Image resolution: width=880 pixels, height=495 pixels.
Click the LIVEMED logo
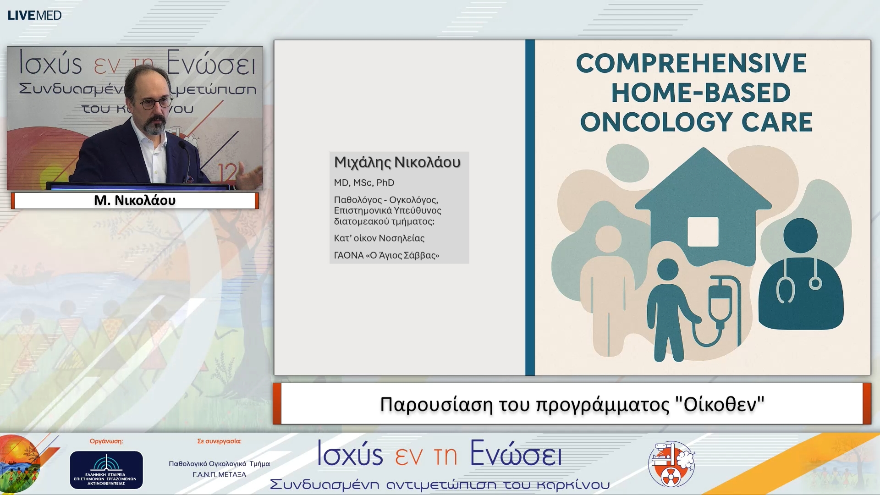pyautogui.click(x=34, y=15)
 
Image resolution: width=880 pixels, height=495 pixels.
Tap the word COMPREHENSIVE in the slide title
pyautogui.click(x=691, y=63)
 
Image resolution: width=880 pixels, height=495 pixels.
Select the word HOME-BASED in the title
pyautogui.click(x=700, y=93)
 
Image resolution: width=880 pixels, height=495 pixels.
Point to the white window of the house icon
pyautogui.click(x=703, y=231)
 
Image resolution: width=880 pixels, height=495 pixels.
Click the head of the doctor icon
pyautogui.click(x=800, y=235)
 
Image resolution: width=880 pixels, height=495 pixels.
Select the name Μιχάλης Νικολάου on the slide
pyautogui.click(x=397, y=162)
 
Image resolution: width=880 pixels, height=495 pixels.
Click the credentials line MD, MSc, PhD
pyautogui.click(x=364, y=183)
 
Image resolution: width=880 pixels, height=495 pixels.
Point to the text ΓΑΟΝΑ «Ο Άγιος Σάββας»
pyautogui.click(x=386, y=255)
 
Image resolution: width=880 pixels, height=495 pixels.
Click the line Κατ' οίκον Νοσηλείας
pyautogui.click(x=379, y=238)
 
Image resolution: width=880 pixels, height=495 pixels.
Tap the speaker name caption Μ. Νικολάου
pyautogui.click(x=135, y=200)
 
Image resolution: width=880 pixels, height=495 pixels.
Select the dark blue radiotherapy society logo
pyautogui.click(x=106, y=470)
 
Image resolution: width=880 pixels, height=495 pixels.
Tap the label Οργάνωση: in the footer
pyautogui.click(x=106, y=441)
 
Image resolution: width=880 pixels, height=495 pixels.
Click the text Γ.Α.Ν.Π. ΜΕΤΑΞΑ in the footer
pyautogui.click(x=219, y=475)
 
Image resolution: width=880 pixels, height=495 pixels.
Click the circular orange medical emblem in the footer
pyautogui.click(x=671, y=464)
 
